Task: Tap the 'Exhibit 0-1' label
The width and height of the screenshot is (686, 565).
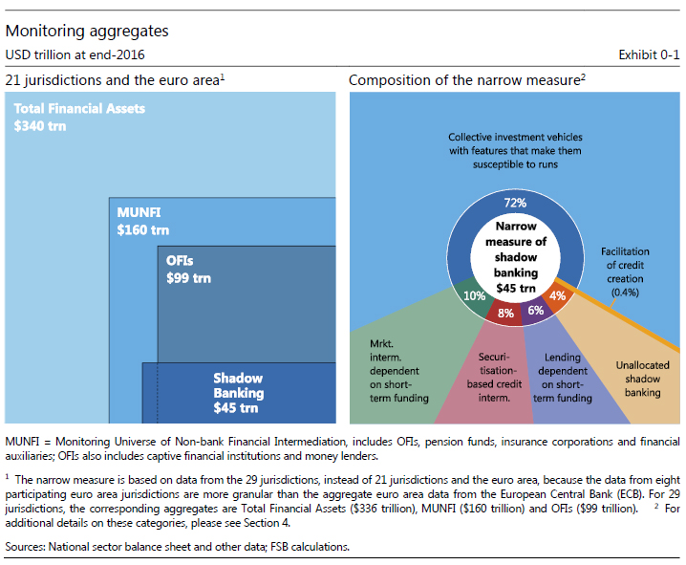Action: [x=650, y=54]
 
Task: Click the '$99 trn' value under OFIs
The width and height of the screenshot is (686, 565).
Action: [x=188, y=278]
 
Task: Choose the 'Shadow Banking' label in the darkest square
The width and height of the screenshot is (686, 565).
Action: [x=238, y=385]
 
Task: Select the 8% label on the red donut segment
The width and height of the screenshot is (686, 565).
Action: [x=505, y=312]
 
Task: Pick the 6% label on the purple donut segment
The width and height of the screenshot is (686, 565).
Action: [x=536, y=310]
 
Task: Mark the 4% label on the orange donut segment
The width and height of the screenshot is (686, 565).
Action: [x=558, y=295]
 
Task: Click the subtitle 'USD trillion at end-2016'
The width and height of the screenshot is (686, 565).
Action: [x=75, y=54]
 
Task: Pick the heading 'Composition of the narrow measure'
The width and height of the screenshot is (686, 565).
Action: [x=464, y=80]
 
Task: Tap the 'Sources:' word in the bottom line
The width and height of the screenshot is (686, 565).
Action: [x=27, y=546]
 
